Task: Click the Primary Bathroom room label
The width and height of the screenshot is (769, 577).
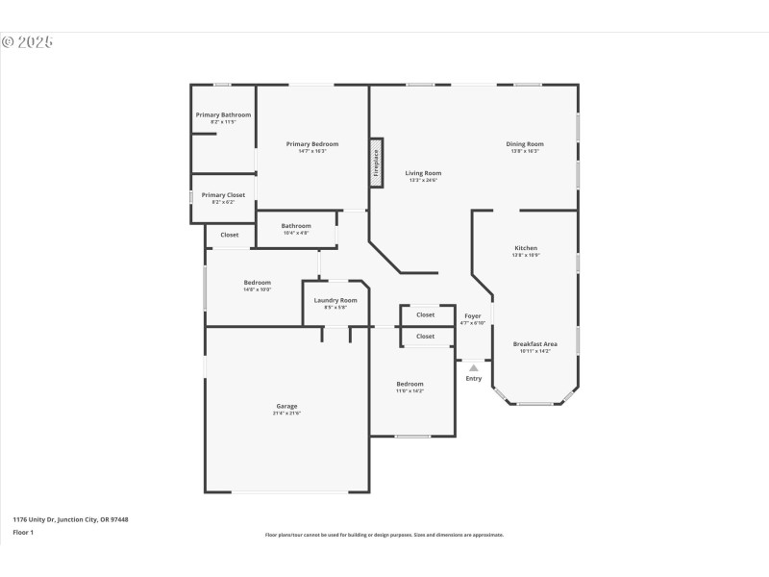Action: tap(223, 114)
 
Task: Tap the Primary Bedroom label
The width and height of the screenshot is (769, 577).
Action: tap(312, 144)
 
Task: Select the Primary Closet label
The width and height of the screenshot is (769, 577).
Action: tap(223, 195)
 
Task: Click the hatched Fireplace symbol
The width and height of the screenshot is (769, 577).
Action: tap(377, 163)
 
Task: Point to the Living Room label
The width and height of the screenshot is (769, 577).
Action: tap(423, 173)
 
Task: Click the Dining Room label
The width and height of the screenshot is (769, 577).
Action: tap(525, 144)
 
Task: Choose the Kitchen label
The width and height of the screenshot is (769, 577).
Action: tap(526, 248)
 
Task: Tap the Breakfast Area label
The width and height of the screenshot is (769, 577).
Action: tap(534, 343)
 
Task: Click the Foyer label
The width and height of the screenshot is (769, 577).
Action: tap(473, 315)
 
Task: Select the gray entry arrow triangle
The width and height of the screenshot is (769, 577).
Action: tap(473, 367)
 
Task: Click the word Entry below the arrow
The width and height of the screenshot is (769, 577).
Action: tap(474, 379)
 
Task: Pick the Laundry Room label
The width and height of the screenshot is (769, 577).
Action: tap(335, 300)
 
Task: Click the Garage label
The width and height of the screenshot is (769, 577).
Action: tap(286, 406)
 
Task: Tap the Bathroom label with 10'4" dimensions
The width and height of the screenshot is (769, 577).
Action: tap(296, 226)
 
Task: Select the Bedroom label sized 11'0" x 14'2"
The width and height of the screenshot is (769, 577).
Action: tap(409, 384)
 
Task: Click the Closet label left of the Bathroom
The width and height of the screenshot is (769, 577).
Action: tap(230, 235)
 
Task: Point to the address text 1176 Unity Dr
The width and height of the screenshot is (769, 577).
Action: tap(70, 519)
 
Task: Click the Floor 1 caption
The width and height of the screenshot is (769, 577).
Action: tap(23, 531)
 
